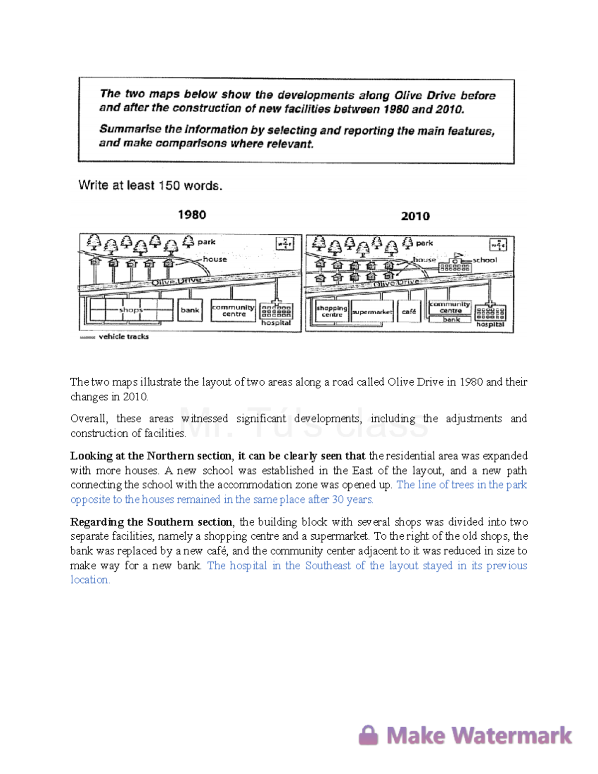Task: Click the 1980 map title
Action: coord(192,215)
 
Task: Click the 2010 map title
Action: coord(415,216)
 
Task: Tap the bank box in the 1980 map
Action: coord(190,310)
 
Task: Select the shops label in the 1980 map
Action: coord(131,310)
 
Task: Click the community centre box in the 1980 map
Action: coord(233,310)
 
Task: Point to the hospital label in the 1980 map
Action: coord(276,323)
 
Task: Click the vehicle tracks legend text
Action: coord(124,337)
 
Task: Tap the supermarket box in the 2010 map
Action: coord(372,312)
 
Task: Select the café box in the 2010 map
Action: coord(409,311)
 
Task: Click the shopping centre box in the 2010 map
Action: coord(332,311)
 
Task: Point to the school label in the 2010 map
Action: coord(484,260)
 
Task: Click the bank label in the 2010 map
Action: coord(451,319)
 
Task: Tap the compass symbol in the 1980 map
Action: coord(285,244)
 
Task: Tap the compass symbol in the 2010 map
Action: coord(498,245)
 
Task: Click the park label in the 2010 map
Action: coord(424,243)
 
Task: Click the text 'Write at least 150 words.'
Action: coord(150,186)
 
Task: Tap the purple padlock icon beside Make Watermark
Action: coord(369,735)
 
